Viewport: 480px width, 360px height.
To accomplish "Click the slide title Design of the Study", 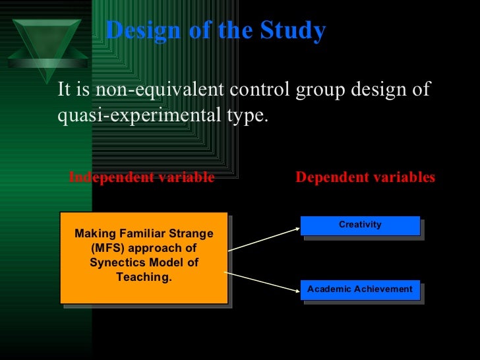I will [215, 30].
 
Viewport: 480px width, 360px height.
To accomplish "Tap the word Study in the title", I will [295, 30].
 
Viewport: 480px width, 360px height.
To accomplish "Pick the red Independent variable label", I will [142, 177].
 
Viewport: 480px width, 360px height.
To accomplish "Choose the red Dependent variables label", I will [365, 177].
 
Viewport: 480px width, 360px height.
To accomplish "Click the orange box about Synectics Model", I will [144, 257].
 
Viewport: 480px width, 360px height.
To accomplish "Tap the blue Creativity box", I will [360, 225].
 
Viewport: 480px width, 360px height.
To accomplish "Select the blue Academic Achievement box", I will [360, 289].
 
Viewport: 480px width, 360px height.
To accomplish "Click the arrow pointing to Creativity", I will [264, 239].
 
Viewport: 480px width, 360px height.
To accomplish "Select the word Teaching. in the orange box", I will [144, 277].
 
